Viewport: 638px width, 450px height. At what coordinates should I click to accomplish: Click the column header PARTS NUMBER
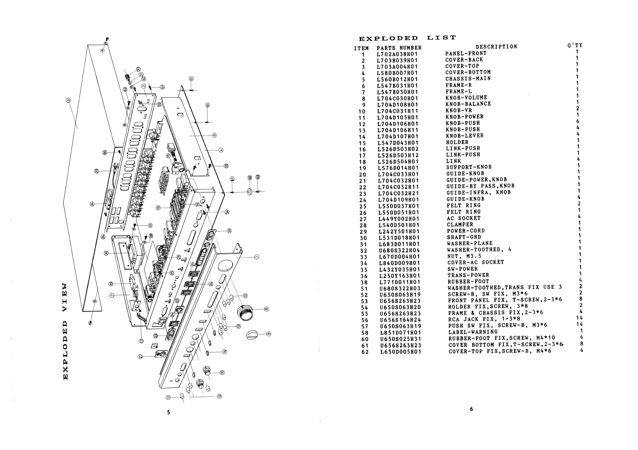click(x=399, y=48)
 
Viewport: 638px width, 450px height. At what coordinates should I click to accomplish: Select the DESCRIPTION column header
click(x=496, y=47)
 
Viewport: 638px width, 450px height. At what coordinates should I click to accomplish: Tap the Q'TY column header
click(x=575, y=45)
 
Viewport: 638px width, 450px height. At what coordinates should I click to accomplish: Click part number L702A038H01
click(x=397, y=54)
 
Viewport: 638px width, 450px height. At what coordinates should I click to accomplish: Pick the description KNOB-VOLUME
click(x=466, y=97)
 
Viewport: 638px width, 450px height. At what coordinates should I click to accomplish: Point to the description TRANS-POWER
click(x=468, y=275)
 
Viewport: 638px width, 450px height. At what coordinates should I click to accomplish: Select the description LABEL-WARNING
click(x=473, y=332)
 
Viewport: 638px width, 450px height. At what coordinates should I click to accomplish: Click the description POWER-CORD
click(x=466, y=231)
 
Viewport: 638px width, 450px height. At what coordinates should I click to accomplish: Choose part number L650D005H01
click(x=401, y=352)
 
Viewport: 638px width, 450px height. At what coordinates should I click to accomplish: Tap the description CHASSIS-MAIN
click(x=468, y=79)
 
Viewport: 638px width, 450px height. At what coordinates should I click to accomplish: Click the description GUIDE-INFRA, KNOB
click(x=479, y=192)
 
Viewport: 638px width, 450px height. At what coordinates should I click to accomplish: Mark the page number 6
click(x=471, y=409)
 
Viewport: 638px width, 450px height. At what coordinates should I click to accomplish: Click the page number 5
click(x=169, y=412)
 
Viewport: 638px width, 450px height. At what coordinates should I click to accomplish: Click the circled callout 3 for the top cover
click(x=68, y=100)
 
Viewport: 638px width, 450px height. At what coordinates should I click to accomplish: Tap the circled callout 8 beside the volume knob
click(x=266, y=309)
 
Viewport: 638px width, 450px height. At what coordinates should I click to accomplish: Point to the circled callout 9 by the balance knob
click(x=268, y=334)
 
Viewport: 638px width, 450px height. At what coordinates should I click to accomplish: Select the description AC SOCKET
click(x=464, y=218)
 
